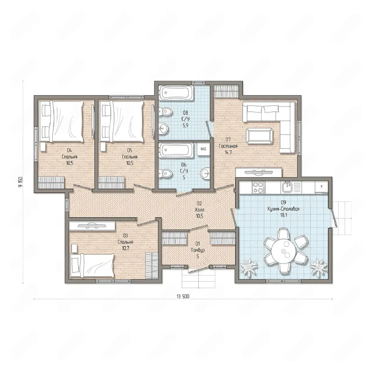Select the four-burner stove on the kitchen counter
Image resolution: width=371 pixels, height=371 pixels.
pyautogui.click(x=258, y=187)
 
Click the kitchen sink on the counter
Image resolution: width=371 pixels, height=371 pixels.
pyautogui.click(x=288, y=187)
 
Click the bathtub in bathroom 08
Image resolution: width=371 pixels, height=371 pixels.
pyautogui.click(x=176, y=93)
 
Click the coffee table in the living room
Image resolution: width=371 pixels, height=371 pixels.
pyautogui.click(x=259, y=136)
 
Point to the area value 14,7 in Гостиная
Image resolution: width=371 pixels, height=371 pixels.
pyautogui.click(x=228, y=152)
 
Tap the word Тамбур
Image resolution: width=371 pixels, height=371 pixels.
pyautogui.click(x=198, y=250)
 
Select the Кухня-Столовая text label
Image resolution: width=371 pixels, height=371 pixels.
pyautogui.click(x=283, y=209)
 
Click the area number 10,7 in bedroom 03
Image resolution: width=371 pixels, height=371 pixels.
pyautogui.click(x=126, y=248)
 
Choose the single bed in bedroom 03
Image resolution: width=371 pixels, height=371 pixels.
pyautogui.click(x=92, y=266)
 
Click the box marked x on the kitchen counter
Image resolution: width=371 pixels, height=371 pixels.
pyautogui.click(x=321, y=186)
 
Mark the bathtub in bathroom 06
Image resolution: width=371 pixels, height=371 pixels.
pyautogui.click(x=176, y=150)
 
